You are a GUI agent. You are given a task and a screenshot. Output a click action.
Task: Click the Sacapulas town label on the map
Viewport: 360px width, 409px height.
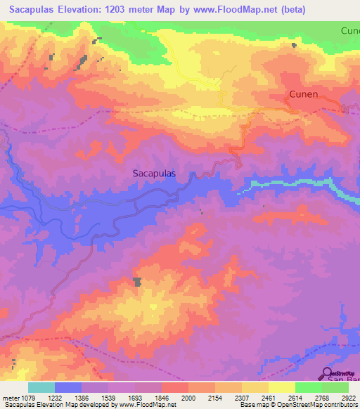tap(154, 171)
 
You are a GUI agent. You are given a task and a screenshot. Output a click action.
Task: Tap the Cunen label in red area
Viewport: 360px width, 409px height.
tap(304, 94)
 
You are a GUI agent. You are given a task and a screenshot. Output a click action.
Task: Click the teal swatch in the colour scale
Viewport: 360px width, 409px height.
tap(41, 387)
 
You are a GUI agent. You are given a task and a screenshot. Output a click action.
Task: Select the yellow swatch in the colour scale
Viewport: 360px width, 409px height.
tap(281, 387)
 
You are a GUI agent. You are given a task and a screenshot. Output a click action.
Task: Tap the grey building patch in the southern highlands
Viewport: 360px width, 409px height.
tap(137, 282)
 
